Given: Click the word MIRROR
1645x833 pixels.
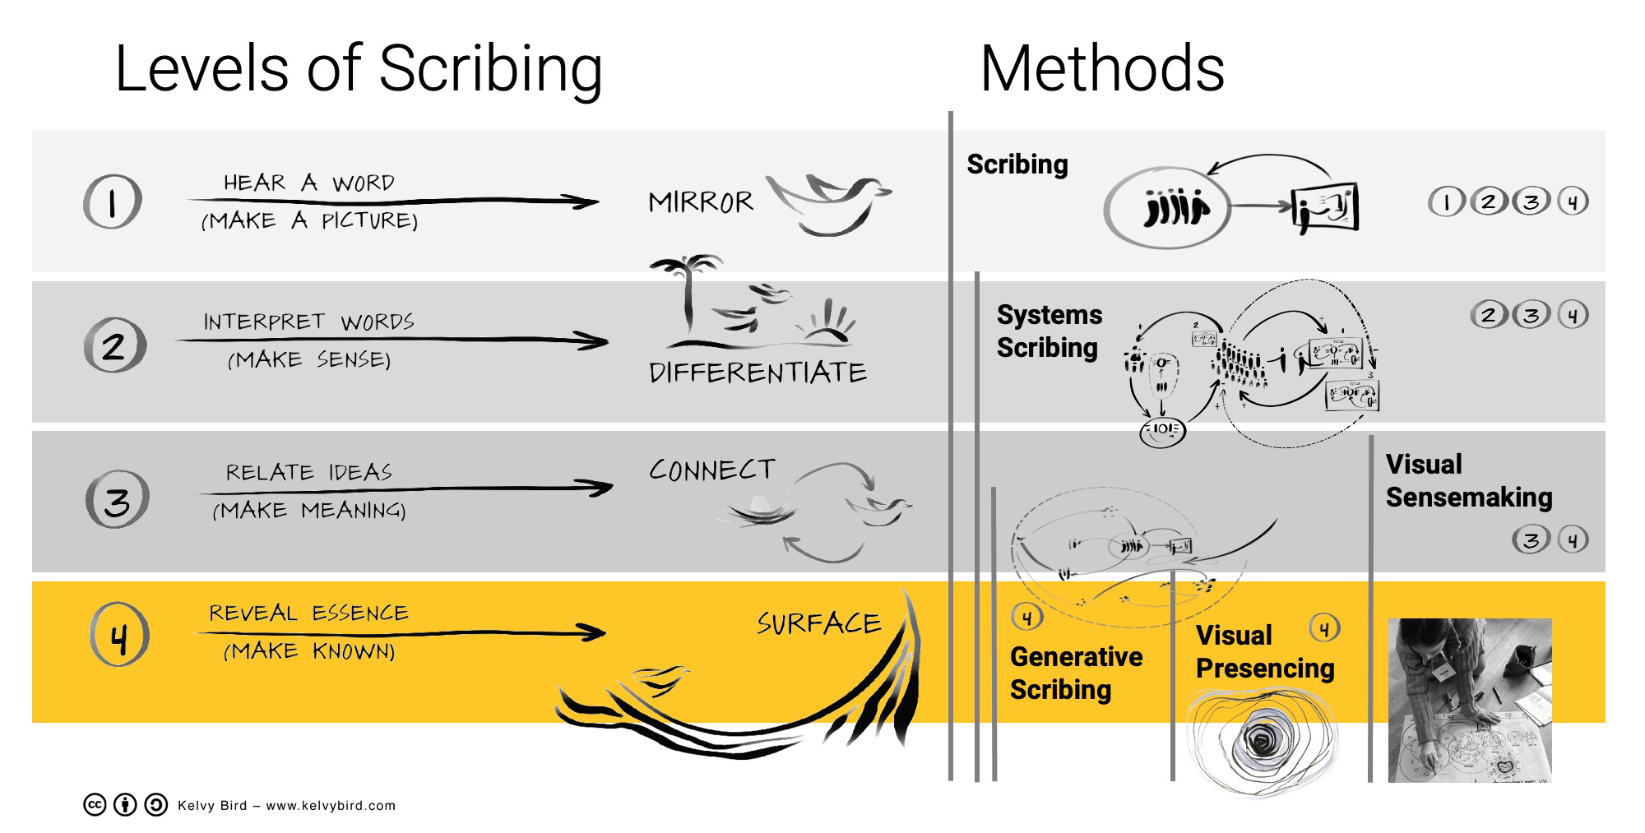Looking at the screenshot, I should click(700, 202).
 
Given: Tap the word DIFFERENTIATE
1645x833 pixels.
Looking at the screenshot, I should click(758, 373).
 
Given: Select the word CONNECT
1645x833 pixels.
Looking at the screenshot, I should click(712, 470).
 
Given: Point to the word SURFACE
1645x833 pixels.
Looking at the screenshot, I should click(818, 623).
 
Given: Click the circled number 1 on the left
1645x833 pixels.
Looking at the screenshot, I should click(113, 201).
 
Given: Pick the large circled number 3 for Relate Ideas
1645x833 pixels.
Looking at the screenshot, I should click(117, 499).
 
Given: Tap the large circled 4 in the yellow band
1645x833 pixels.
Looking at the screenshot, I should click(120, 635).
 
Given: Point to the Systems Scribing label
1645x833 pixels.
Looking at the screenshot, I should click(1049, 331).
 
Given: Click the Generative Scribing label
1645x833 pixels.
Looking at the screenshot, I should click(1076, 673).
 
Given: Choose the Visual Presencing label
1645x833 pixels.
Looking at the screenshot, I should click(1264, 651).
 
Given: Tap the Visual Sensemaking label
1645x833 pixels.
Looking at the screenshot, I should click(1468, 480).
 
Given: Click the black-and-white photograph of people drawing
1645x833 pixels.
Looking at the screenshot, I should click(1469, 700).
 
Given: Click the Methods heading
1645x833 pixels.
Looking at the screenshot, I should click(1102, 69).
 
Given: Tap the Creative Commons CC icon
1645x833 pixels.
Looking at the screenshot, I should click(95, 805).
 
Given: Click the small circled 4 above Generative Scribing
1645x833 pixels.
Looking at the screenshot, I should click(1026, 617).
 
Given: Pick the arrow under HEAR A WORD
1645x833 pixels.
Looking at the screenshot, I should click(395, 201).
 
